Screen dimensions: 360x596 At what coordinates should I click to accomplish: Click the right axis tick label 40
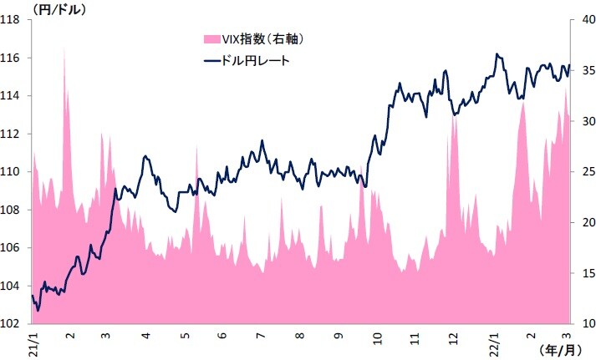point(583,20)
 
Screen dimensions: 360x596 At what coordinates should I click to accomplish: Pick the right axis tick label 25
point(583,172)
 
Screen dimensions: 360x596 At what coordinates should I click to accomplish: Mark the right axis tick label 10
point(583,324)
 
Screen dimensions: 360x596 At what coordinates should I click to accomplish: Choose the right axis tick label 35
point(583,71)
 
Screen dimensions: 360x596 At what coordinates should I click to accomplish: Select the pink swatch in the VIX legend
point(208,38)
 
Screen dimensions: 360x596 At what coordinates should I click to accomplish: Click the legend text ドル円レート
point(257,61)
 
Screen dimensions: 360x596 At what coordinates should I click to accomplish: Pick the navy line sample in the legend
point(208,61)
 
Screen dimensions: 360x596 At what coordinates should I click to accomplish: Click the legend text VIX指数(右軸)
point(262,38)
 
